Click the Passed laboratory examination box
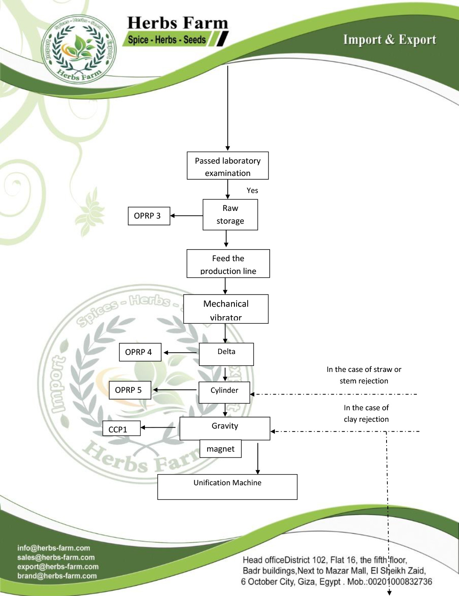point(228,166)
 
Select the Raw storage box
point(230,215)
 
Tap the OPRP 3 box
point(149,216)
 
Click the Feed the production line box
point(228,264)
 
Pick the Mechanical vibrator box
point(226,309)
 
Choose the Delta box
point(226,354)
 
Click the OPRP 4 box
point(140,352)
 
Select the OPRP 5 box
point(130,390)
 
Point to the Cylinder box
point(224,392)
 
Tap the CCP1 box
point(121,429)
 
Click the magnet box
point(220,449)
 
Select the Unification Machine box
point(227,487)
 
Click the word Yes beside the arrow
point(252,190)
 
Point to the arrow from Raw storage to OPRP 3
point(186,216)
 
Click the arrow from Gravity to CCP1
point(158,427)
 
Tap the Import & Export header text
point(390,40)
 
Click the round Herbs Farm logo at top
point(79,49)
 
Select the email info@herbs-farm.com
point(54,548)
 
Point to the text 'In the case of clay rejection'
point(366,414)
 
